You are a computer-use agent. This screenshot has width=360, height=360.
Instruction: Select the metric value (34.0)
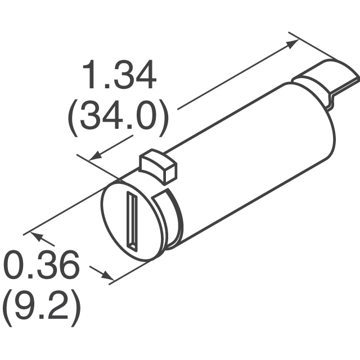pos(118,119)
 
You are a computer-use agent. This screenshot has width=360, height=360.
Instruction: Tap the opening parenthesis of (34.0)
pos(74,120)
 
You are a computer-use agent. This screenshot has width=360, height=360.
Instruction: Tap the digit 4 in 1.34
pos(145,77)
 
